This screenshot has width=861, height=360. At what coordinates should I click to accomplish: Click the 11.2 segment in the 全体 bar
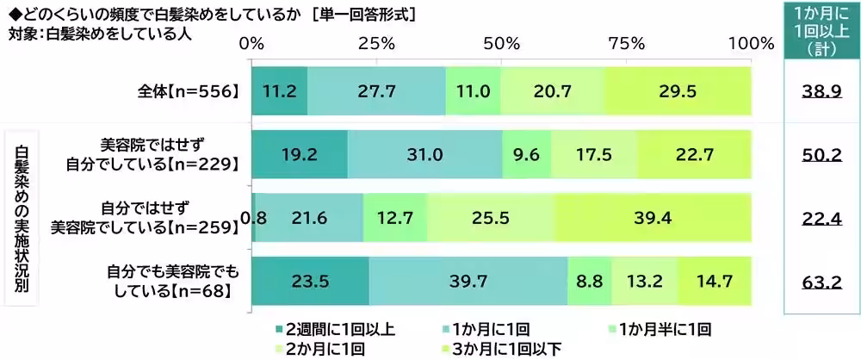pos(279,90)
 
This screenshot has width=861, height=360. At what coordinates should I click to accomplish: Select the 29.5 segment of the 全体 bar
pos(677,90)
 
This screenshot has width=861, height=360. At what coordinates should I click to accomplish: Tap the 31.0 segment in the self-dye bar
pos(424,153)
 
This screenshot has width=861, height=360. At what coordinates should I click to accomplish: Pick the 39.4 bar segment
pos(652,217)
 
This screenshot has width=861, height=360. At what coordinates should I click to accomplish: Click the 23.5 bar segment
pos(310,282)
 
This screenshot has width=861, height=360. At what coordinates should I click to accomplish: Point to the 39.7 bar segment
pos(468,282)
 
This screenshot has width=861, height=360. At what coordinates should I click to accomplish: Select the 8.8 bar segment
pos(589,282)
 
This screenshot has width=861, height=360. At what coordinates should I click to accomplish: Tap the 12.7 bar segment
pos(394,217)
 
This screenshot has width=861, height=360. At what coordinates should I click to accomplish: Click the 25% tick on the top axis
pos(376,43)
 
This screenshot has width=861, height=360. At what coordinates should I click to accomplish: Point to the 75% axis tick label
pos(626,43)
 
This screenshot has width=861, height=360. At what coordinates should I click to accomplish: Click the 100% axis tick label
pos(751,43)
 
